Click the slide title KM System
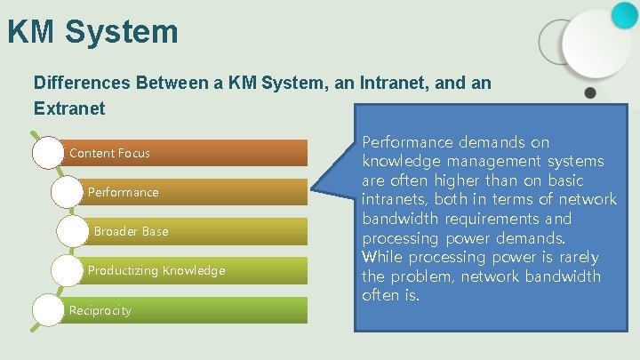coord(92,33)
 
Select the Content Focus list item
coord(109,153)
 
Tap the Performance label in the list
coord(123,192)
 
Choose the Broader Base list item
coord(131,231)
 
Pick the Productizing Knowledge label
coord(156,270)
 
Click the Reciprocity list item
coord(100,310)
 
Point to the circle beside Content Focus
coord(49,153)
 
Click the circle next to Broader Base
coord(72,231)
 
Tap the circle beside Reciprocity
coord(49,309)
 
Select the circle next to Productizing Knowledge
coord(68,270)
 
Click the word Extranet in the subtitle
coord(69,109)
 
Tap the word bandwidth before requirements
coord(402,219)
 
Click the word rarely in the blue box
coord(576,258)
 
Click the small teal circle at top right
coord(624,12)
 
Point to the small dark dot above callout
coord(589,92)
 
